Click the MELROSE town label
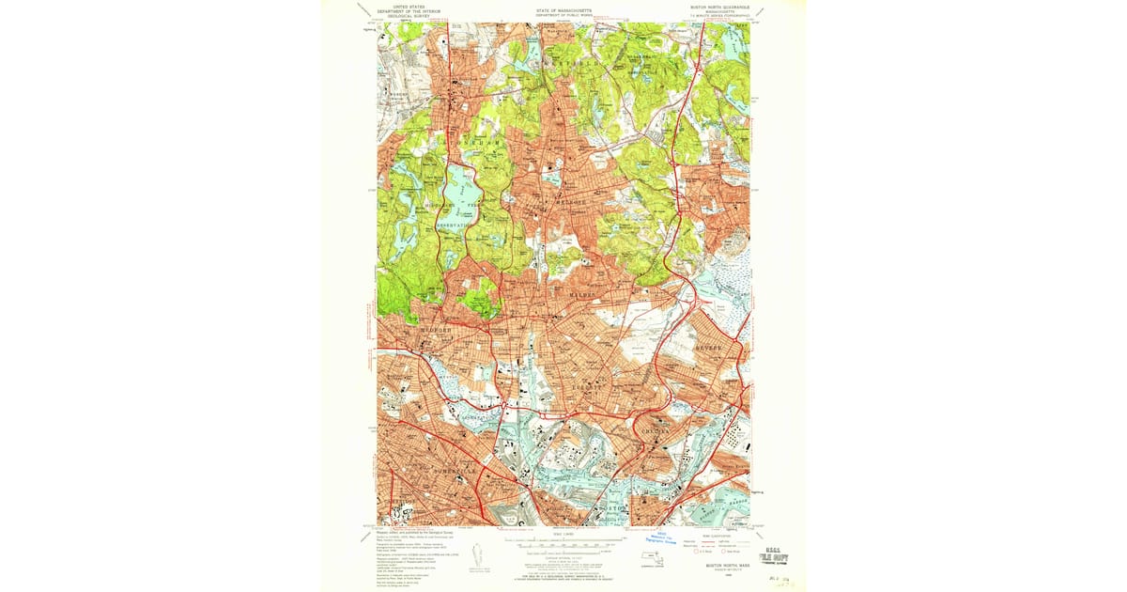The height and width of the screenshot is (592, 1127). coord(566,203)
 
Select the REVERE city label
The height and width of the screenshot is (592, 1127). coord(709,347)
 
